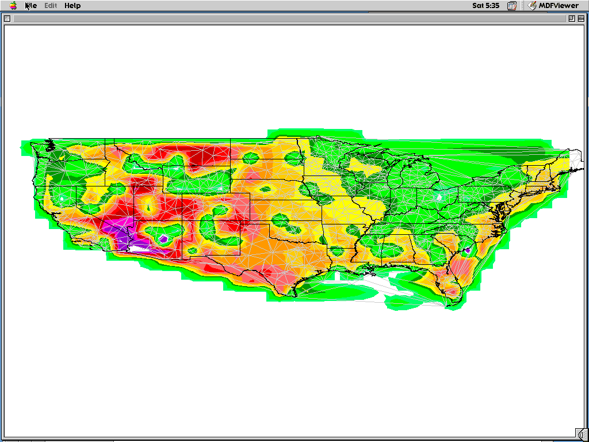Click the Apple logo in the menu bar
(13, 6)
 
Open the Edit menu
(51, 6)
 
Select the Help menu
(72, 6)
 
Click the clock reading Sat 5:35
(485, 6)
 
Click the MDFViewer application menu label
(554, 6)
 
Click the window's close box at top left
(7, 18)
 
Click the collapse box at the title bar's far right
(581, 18)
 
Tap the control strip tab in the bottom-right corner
(582, 433)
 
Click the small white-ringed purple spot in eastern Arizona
(163, 238)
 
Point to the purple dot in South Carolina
(468, 250)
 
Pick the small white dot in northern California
(62, 199)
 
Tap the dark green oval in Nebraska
(266, 188)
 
